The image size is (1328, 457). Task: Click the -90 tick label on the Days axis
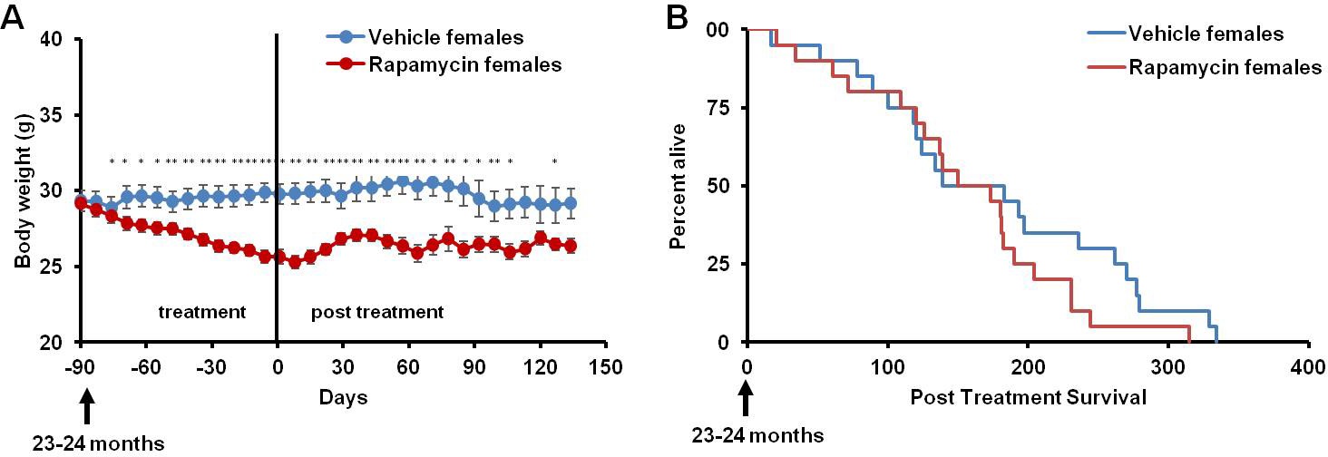(x=81, y=367)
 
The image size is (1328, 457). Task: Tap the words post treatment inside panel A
(x=377, y=313)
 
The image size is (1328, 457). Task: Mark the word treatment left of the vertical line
(x=202, y=313)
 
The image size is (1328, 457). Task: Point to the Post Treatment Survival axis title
(x=1026, y=396)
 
